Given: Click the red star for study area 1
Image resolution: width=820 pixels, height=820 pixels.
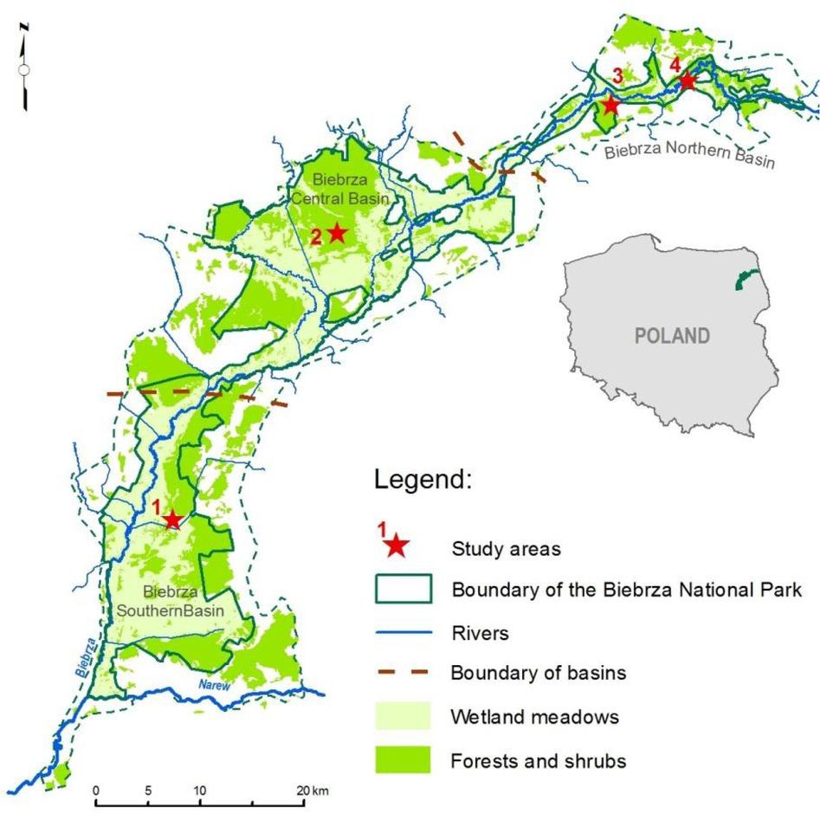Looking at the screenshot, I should click(172, 520).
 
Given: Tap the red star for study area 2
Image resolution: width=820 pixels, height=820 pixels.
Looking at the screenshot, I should click(337, 233).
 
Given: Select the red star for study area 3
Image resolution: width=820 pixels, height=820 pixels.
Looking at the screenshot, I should click(610, 105).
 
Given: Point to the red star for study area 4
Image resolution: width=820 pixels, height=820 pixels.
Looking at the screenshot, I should click(687, 81).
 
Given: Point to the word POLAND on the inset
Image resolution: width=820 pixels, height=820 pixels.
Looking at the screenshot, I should click(672, 336).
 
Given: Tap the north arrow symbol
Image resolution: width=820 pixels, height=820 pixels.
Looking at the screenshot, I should click(25, 68).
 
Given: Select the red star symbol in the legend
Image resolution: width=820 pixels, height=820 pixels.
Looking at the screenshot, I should click(396, 546).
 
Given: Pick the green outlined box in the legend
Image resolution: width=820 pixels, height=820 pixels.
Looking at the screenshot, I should click(403, 590).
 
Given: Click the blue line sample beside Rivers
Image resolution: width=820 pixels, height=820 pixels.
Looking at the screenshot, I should click(403, 633).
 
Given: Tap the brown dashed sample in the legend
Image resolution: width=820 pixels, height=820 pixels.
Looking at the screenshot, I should click(403, 673).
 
